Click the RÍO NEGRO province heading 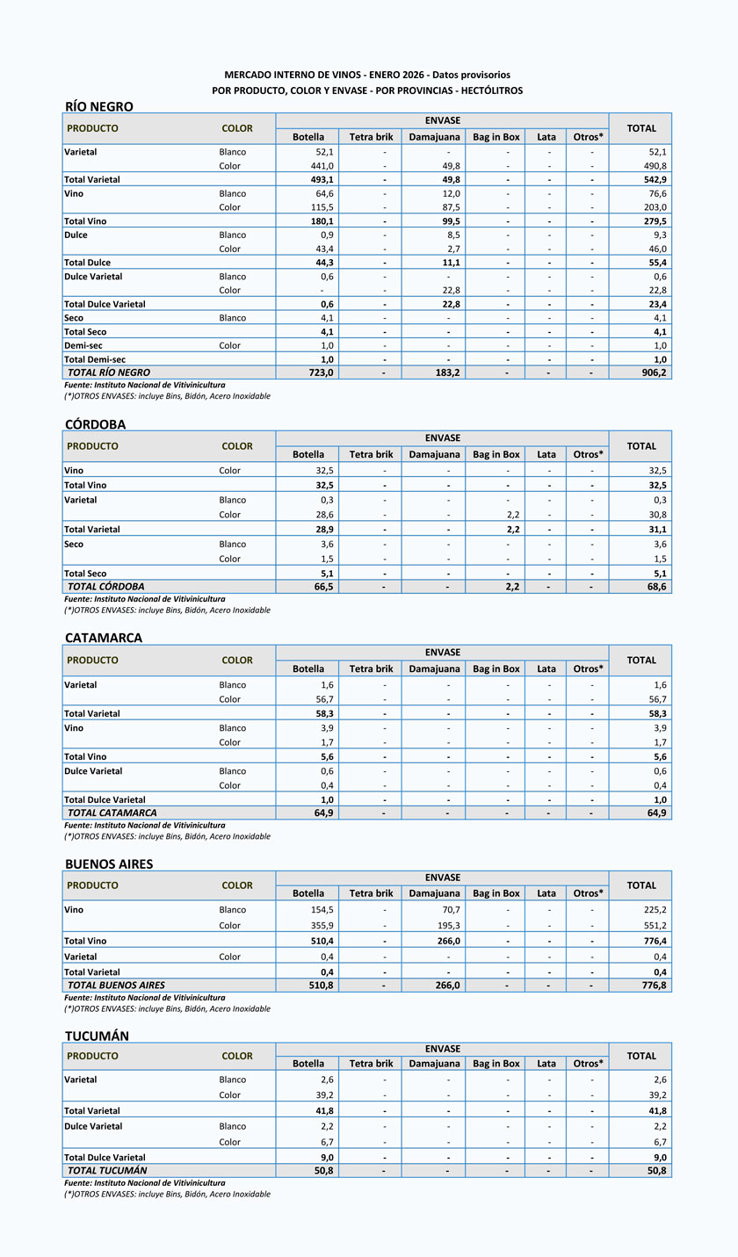pos(99,106)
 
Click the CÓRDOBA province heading pos(96,424)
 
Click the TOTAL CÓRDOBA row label pos(106,587)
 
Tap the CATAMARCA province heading pos(104,638)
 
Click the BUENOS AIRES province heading pos(109,864)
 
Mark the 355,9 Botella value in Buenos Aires pos(317,925)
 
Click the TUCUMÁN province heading pos(97,1037)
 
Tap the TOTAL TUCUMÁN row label pos(107,1171)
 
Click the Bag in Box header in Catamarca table pos(496,668)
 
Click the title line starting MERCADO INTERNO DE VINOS pos(367,76)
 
